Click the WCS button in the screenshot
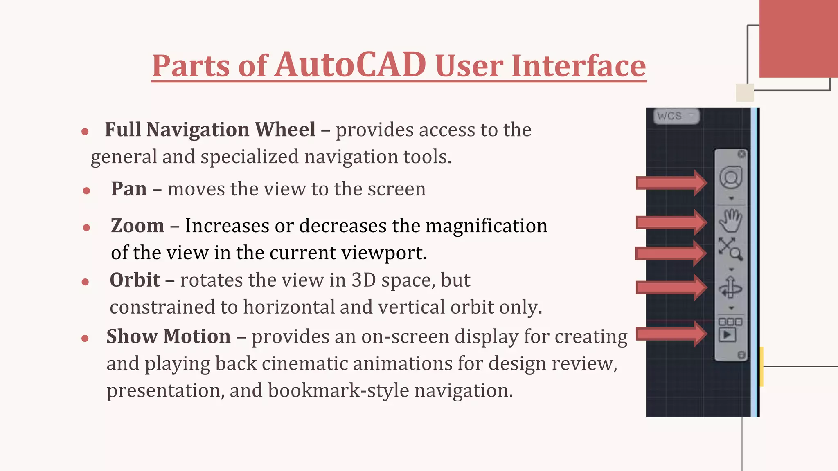pyautogui.click(x=676, y=116)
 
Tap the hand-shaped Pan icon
pyautogui.click(x=730, y=221)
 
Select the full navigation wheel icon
pyautogui.click(x=731, y=177)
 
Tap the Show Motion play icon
pyautogui.click(x=728, y=335)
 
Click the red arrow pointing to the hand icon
pyautogui.click(x=671, y=222)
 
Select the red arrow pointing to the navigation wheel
pyautogui.click(x=671, y=183)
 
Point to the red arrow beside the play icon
pyautogui.click(x=671, y=334)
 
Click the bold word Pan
pyautogui.click(x=128, y=189)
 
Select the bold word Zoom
pyautogui.click(x=137, y=226)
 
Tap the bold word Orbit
pyautogui.click(x=135, y=280)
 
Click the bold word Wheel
pyautogui.click(x=285, y=130)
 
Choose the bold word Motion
pyautogui.click(x=197, y=336)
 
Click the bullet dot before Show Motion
pyautogui.click(x=85, y=339)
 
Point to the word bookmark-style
pyautogui.click(x=338, y=390)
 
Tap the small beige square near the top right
pyautogui.click(x=745, y=93)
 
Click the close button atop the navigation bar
pyautogui.click(x=741, y=154)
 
